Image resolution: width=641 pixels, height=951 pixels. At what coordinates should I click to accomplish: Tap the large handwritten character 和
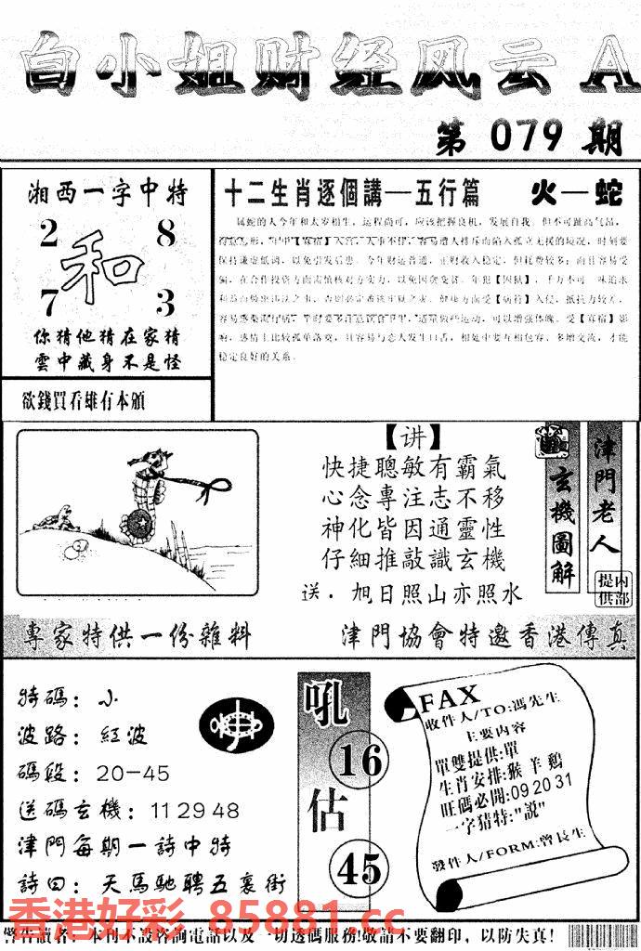click(x=103, y=265)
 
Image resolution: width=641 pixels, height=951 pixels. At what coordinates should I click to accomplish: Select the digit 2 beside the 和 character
click(x=47, y=234)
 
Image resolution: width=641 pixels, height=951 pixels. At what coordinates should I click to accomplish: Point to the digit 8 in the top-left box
click(x=165, y=234)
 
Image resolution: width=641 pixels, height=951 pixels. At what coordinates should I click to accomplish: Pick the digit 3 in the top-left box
click(x=165, y=303)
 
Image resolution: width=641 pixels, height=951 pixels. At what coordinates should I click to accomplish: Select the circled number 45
click(x=359, y=869)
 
